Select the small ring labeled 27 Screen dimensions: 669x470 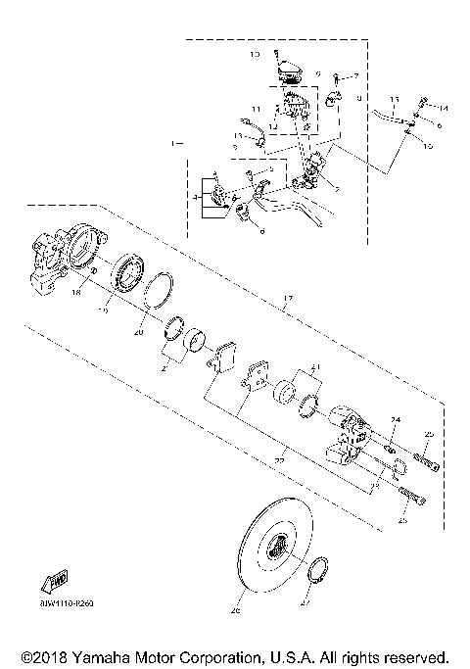point(317,572)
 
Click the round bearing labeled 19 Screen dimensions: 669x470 point(126,273)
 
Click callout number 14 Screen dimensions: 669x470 point(442,108)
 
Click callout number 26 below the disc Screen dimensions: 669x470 point(234,611)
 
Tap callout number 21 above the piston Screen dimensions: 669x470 point(314,367)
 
